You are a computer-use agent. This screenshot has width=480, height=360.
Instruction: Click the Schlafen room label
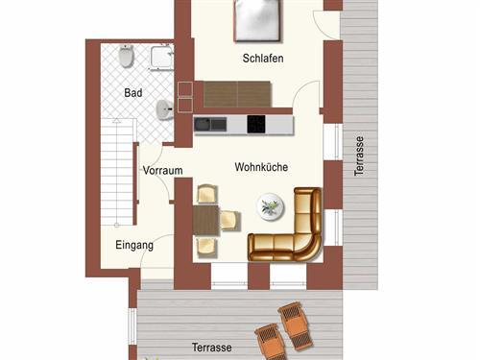tap(263, 59)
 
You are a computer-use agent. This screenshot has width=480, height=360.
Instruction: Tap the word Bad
tap(132, 92)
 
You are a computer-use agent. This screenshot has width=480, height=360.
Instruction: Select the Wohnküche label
tap(261, 167)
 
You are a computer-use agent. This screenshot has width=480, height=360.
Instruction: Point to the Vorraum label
tap(162, 171)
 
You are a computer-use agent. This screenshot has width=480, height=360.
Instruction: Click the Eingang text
tap(133, 245)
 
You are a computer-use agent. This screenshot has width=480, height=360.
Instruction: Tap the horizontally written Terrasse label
tap(210, 347)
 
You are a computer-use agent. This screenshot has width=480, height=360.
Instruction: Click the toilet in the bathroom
tap(125, 59)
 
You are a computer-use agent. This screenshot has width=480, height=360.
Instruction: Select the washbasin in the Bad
tap(164, 109)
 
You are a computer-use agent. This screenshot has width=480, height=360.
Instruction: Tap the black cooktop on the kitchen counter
tap(256, 124)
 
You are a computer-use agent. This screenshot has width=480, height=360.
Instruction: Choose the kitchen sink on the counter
tap(209, 124)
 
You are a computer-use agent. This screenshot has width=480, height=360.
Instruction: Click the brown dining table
tap(204, 221)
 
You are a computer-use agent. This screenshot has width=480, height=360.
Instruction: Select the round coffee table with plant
tap(271, 204)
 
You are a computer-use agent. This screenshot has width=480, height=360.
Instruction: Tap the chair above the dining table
tap(205, 194)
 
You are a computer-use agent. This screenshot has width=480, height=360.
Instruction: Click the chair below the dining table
tap(205, 248)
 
